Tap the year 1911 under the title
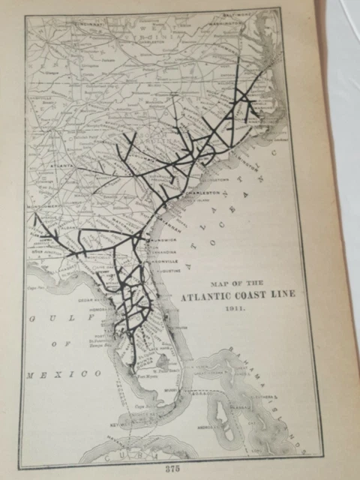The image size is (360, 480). (238, 307)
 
